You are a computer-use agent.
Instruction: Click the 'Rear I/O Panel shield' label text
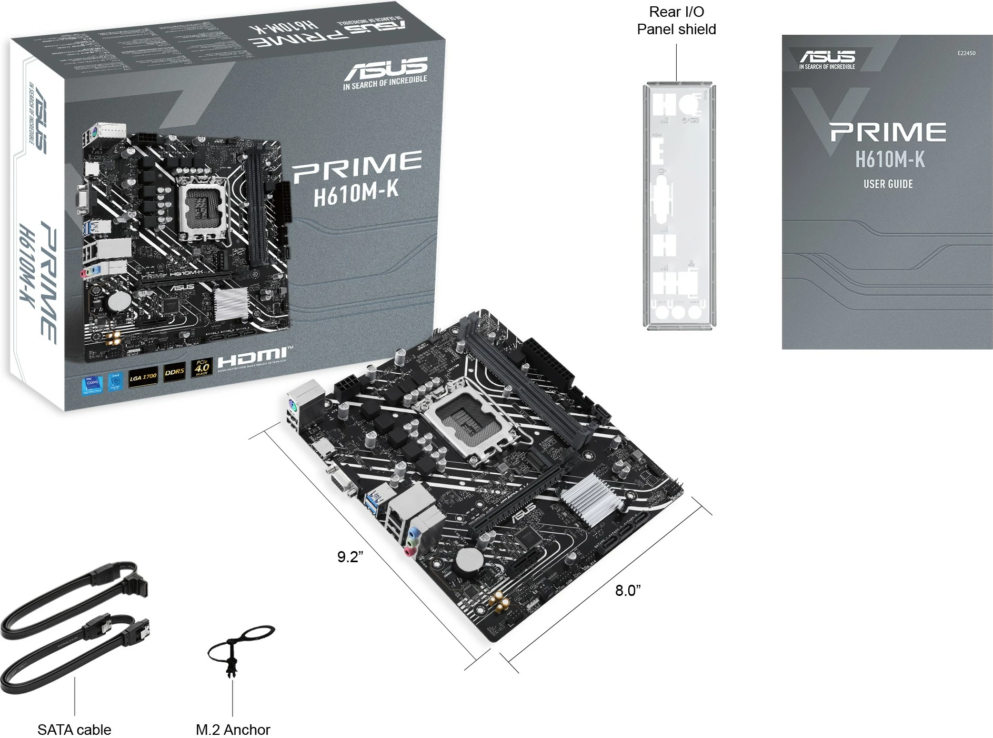coord(676,21)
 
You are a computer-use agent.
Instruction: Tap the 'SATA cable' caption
coord(74,730)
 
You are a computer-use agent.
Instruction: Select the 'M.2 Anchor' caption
coord(233,730)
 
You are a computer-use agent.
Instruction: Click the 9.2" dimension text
coord(350,557)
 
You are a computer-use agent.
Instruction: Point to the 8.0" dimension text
coord(628,591)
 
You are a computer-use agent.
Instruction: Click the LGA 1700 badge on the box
coord(143,377)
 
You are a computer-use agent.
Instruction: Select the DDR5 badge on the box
coord(174,372)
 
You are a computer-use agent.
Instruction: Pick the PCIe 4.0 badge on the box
coord(202,367)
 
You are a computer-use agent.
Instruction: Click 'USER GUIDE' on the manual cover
coord(888,184)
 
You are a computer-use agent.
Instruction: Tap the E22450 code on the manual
coord(966,53)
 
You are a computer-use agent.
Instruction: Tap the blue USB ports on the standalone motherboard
coord(377,502)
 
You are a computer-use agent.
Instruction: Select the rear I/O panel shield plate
coord(677,205)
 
